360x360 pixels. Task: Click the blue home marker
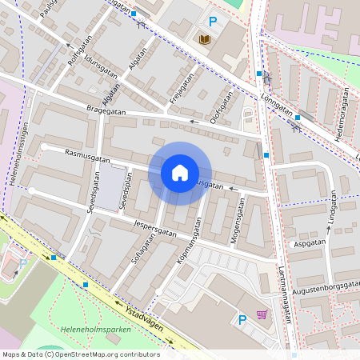point(180,172)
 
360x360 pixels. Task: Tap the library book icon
point(205,39)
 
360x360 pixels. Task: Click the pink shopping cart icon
point(262,314)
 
